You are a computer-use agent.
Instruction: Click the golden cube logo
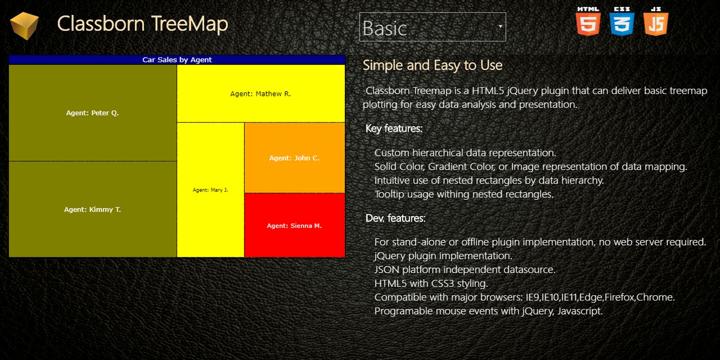24,25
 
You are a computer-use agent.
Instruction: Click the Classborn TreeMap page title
143,24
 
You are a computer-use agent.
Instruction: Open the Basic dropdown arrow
500,27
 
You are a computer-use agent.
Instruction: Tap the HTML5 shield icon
588,21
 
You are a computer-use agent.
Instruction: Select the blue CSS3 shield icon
621,21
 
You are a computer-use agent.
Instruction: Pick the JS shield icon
656,21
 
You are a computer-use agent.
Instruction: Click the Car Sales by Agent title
177,60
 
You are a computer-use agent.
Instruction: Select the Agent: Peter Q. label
93,113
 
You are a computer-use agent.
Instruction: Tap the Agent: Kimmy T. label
93,210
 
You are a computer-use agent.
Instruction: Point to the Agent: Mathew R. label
261,94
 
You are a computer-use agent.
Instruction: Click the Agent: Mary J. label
211,190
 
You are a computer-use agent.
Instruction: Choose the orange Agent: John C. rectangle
295,158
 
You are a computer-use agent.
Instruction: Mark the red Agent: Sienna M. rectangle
295,225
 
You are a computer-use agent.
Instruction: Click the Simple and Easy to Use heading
432,65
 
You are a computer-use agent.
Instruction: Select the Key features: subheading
394,129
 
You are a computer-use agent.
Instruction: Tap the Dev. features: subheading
396,218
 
